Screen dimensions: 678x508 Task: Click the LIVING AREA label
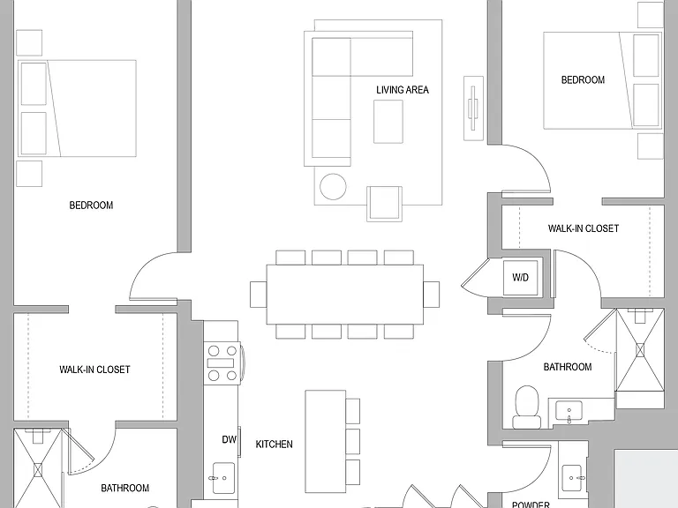pos(403,90)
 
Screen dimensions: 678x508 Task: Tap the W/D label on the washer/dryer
pos(520,277)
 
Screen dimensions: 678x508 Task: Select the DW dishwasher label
pos(230,439)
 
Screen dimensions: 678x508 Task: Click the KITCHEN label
pos(275,444)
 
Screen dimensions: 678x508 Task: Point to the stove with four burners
pos(222,362)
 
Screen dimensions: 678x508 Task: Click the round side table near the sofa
pos(333,187)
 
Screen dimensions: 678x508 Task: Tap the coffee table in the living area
pos(388,122)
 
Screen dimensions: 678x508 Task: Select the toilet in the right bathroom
pos(527,407)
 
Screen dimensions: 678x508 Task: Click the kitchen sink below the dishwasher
pos(223,478)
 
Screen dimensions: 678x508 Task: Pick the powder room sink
pos(572,478)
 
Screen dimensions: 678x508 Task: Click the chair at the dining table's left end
pos(258,295)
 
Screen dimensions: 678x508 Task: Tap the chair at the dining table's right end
pos(431,295)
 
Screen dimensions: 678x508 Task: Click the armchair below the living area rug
pos(384,204)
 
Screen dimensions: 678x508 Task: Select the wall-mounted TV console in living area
pos(473,108)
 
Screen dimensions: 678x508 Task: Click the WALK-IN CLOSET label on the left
pos(94,370)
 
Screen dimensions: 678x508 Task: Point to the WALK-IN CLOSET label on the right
pos(584,228)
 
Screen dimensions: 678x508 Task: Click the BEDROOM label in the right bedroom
pos(583,80)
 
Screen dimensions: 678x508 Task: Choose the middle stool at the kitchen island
pos(353,442)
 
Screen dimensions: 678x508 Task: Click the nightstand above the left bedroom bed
pos(29,42)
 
